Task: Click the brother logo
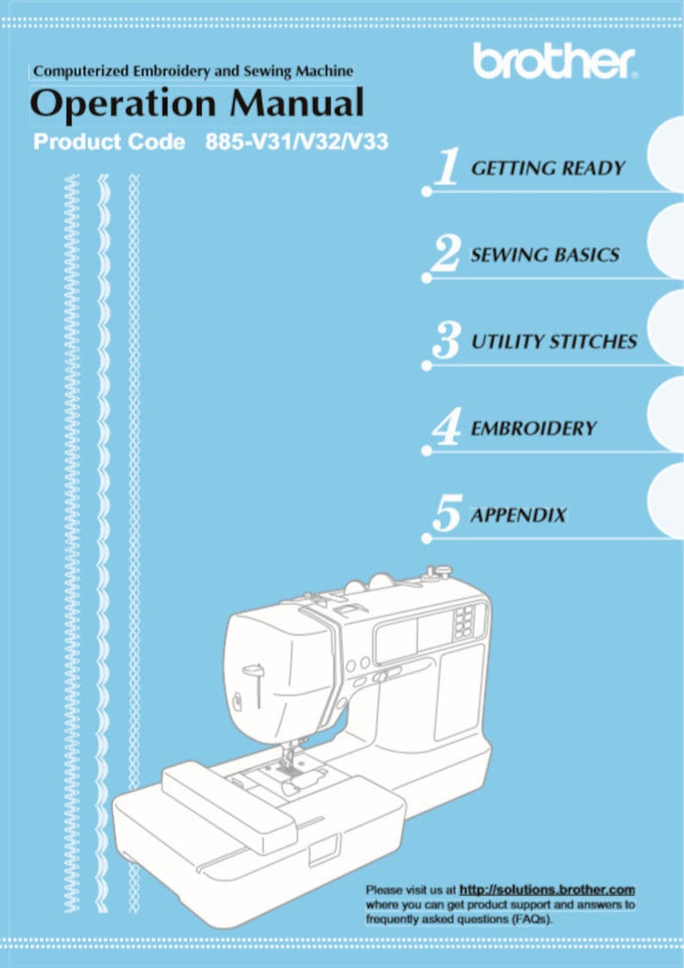click(555, 61)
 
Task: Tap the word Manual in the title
click(297, 102)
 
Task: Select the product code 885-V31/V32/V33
click(297, 142)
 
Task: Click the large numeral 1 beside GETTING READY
click(445, 167)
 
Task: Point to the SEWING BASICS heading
click(545, 255)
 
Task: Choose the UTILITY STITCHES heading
click(554, 341)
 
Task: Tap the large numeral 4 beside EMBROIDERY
click(446, 427)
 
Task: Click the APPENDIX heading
click(519, 515)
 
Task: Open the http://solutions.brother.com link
click(548, 890)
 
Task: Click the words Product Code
click(109, 142)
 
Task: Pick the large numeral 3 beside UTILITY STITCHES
click(446, 341)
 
